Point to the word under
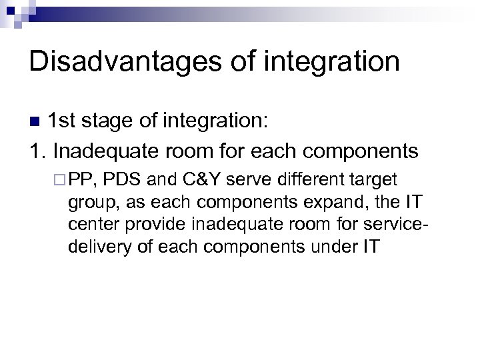(336, 247)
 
